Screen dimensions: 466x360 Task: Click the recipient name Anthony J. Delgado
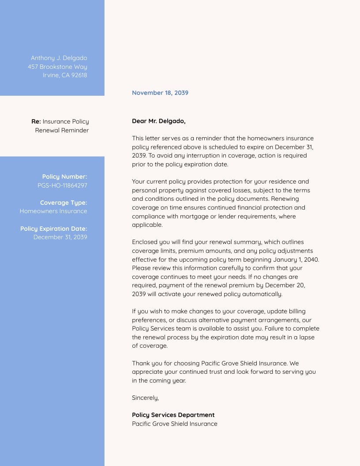click(59, 58)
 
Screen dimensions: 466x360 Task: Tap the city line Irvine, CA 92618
click(65, 75)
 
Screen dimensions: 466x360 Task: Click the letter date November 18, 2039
click(160, 93)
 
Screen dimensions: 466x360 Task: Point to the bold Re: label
click(36, 121)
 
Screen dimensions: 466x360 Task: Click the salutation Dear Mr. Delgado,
click(158, 121)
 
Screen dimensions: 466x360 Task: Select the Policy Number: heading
click(64, 177)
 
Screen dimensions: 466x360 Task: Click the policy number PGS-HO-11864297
click(62, 185)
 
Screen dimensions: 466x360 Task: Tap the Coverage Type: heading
click(64, 203)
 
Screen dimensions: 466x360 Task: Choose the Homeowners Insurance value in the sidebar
click(53, 211)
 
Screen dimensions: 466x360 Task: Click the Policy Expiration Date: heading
click(53, 229)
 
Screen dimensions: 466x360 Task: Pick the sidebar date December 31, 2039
click(60, 237)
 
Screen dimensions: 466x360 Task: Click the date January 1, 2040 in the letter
click(296, 259)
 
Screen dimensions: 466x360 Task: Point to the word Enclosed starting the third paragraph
click(145, 242)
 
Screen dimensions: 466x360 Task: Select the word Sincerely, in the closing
click(145, 398)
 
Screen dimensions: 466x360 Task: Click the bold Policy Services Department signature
click(173, 415)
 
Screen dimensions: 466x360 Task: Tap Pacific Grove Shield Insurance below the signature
click(174, 424)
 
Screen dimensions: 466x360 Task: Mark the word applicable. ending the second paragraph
click(147, 225)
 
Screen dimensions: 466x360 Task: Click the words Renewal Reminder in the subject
click(62, 130)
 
